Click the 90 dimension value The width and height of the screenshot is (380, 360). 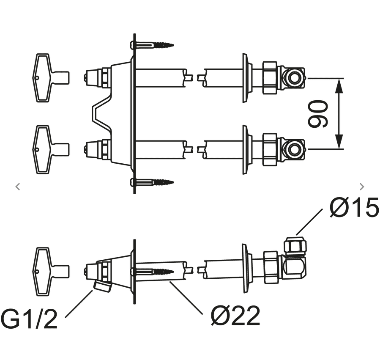point(318,114)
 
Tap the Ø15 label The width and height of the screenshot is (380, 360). point(354,207)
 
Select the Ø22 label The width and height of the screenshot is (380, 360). point(235,316)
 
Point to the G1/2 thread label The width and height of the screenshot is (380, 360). point(29,319)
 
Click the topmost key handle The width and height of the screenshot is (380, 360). point(51,78)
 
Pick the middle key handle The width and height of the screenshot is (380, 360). point(51,149)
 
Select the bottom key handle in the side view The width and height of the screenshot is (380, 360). point(51,272)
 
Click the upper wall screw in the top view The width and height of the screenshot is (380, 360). point(152,45)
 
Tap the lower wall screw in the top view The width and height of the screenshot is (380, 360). point(152,182)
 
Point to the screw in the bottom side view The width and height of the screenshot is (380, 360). point(152,271)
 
